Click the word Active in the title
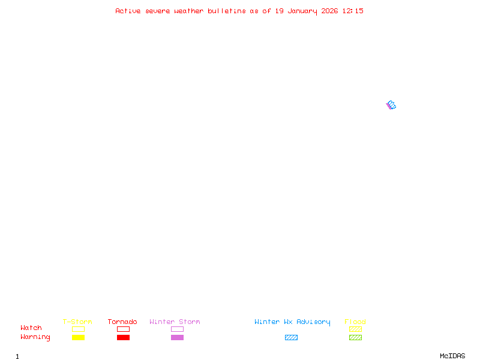click(x=128, y=11)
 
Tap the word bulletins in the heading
click(x=227, y=11)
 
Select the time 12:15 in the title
click(x=353, y=11)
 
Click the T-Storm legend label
click(x=77, y=322)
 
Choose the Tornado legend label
click(x=122, y=322)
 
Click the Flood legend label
click(x=355, y=322)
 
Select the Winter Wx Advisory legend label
click(x=292, y=322)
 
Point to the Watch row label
click(x=31, y=328)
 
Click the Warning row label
click(x=35, y=337)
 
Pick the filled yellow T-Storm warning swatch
click(x=78, y=338)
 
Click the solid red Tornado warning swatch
click(x=123, y=338)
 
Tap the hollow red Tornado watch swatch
click(x=123, y=329)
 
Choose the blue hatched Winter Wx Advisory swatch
click(x=291, y=338)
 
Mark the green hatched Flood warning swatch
click(x=355, y=338)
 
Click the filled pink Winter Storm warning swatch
click(x=177, y=338)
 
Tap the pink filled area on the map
click(x=388, y=106)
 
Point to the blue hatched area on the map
click(x=392, y=105)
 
